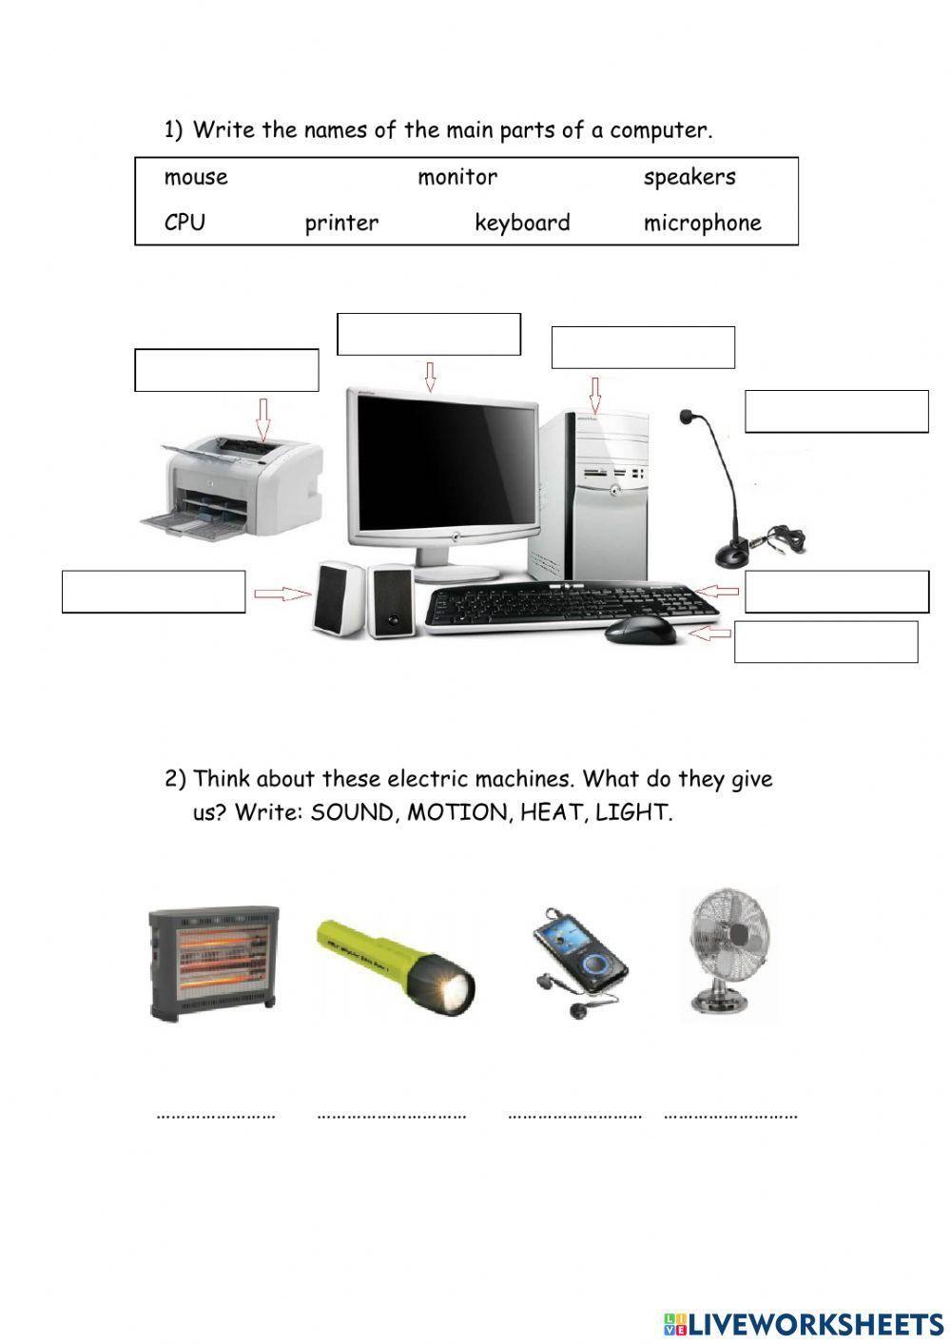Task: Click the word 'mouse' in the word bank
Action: (196, 178)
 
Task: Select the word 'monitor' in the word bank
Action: (457, 178)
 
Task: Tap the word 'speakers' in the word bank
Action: (689, 178)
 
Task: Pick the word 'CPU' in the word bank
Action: (184, 223)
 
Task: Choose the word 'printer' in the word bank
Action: (341, 224)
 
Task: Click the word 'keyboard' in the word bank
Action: (522, 224)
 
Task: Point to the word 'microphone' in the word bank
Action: (703, 224)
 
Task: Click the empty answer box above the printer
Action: (226, 370)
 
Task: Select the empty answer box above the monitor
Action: (429, 334)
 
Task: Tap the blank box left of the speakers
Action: (154, 592)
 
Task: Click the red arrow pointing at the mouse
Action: (711, 632)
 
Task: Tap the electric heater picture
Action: (215, 962)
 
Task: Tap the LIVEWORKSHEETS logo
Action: (804, 1323)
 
